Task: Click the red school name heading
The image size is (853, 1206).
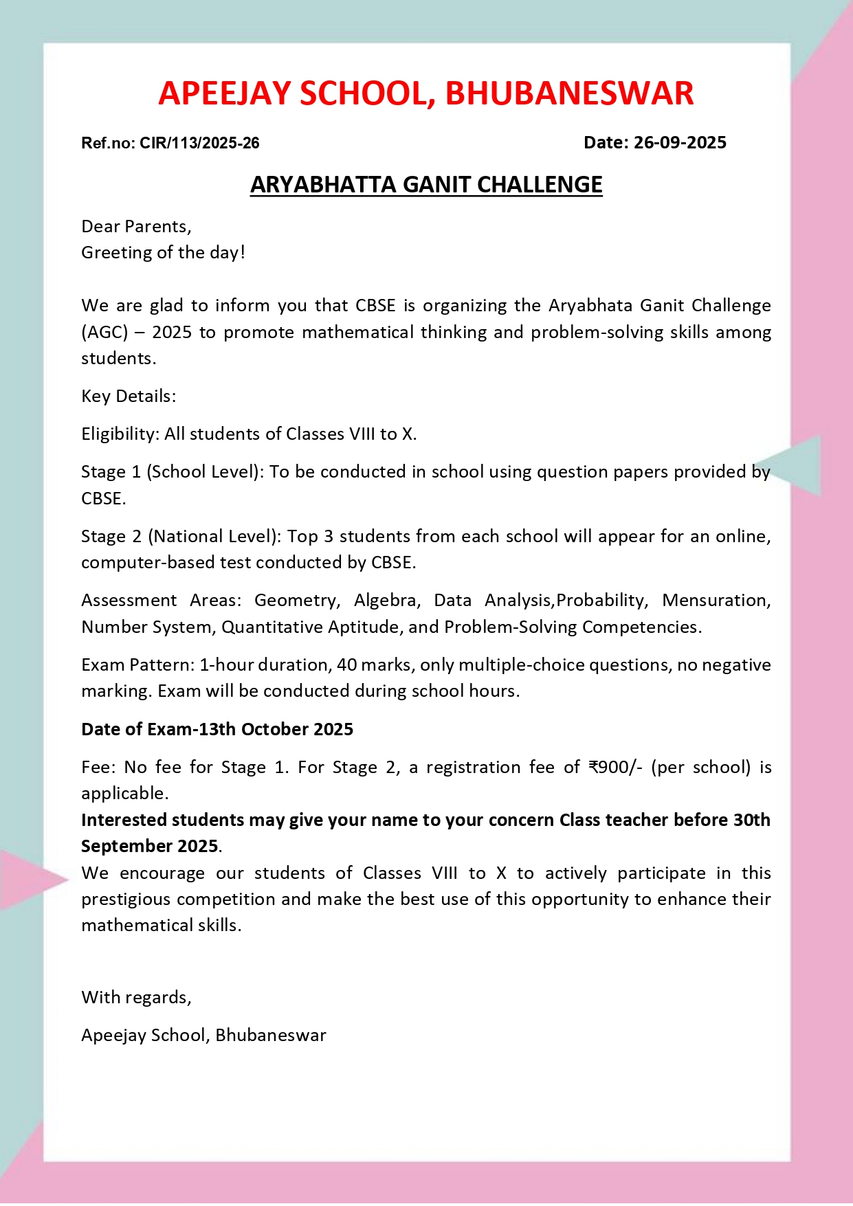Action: click(x=426, y=93)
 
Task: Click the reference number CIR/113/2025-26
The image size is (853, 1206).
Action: click(x=199, y=143)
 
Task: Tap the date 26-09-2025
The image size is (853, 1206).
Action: click(x=680, y=142)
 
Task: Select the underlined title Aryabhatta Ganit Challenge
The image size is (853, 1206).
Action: click(x=426, y=185)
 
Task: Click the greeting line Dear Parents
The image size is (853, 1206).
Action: click(x=136, y=227)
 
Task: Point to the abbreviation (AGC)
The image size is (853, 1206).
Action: click(x=104, y=333)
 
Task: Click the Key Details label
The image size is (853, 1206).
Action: click(x=129, y=397)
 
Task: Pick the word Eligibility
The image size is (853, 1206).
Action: click(x=120, y=434)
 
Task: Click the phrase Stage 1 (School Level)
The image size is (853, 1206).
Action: click(x=172, y=472)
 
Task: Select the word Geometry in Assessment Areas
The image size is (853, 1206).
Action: click(x=296, y=601)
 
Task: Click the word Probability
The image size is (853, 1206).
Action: click(x=601, y=601)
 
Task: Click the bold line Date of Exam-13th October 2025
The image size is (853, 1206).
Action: click(x=217, y=730)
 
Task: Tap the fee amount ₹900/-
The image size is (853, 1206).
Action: click(x=615, y=768)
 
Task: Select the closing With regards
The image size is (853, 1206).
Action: click(x=136, y=998)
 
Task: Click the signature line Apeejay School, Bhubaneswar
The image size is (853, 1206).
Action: click(x=203, y=1036)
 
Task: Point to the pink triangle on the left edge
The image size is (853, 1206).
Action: click(x=27, y=880)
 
